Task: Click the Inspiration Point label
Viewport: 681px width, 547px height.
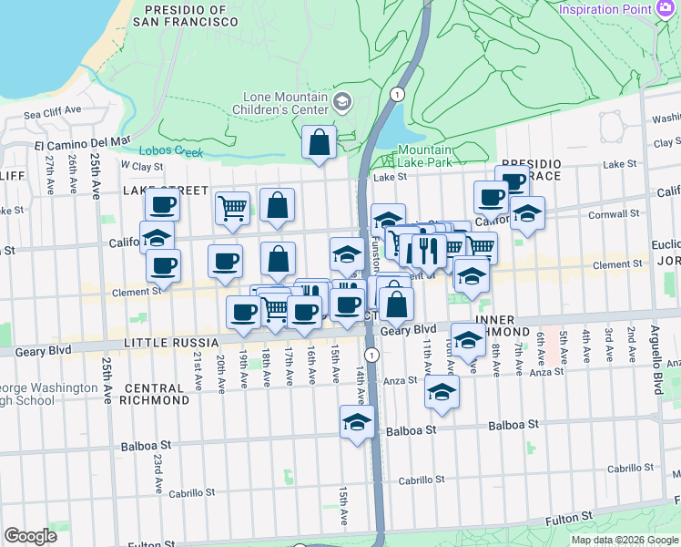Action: click(605, 9)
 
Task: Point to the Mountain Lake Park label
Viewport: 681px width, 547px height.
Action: click(424, 156)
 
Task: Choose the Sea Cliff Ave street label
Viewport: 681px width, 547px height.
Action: click(53, 115)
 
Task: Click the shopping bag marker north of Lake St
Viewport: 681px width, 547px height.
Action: click(319, 143)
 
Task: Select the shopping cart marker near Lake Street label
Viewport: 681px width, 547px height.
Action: click(232, 208)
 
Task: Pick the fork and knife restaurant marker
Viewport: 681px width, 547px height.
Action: click(428, 249)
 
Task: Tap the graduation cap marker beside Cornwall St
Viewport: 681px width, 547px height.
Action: click(527, 214)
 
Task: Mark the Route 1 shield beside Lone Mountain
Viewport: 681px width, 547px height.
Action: click(396, 94)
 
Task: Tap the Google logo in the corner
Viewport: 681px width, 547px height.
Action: click(30, 536)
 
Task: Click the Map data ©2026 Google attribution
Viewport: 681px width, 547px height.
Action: click(625, 540)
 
